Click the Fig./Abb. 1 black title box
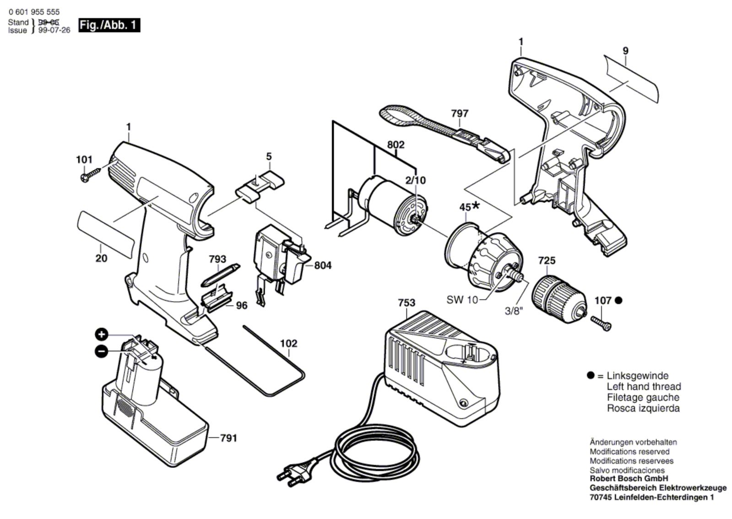(109, 25)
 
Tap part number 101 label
(84, 160)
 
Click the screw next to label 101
(91, 174)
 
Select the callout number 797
(460, 113)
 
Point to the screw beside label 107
(601, 323)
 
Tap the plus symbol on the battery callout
(101, 335)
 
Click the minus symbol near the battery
(101, 351)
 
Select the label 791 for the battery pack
(228, 438)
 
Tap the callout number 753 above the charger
(407, 303)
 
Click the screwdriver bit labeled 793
(221, 275)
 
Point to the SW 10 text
(462, 300)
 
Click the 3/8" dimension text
(514, 311)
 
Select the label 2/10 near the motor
(416, 180)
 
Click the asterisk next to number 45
(476, 205)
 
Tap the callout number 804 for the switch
(323, 265)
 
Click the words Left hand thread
(644, 386)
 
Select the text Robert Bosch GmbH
(629, 478)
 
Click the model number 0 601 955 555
(34, 12)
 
